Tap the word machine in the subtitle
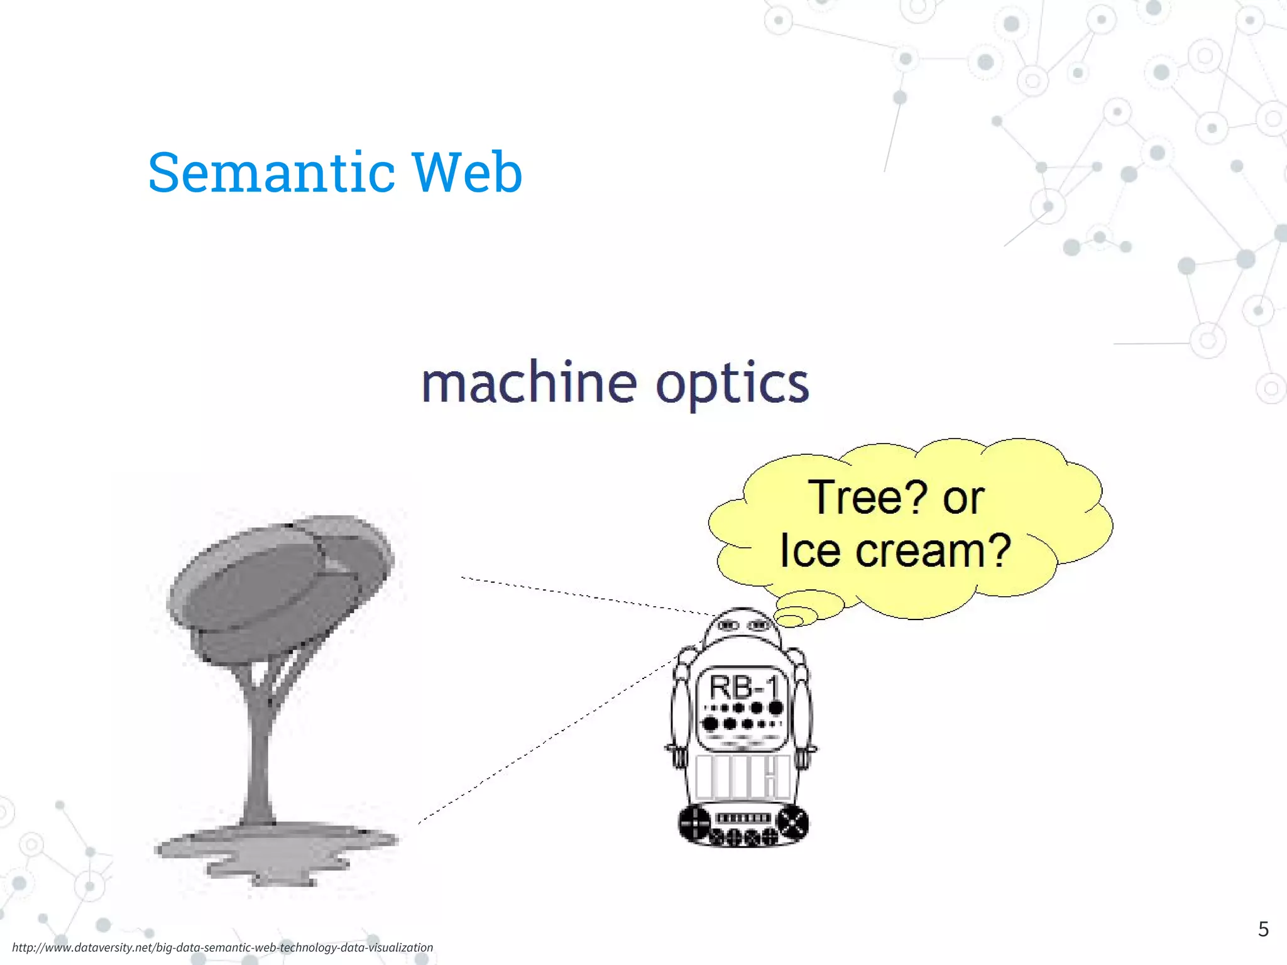[x=529, y=384]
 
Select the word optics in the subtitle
[x=732, y=385]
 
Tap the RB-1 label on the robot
[x=743, y=687]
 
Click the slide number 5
[x=1263, y=929]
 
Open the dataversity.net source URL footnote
[x=222, y=947]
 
